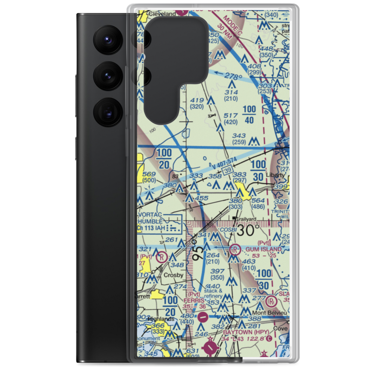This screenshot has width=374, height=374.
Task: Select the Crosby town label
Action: tap(174, 275)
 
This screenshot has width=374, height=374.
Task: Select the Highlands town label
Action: tap(161, 319)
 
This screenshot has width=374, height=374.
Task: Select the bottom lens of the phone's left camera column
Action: tap(107, 111)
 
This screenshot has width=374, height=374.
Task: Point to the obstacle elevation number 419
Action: tap(197, 100)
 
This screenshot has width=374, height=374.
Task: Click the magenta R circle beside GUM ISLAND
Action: tap(235, 249)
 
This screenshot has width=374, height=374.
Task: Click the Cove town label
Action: tap(282, 329)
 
